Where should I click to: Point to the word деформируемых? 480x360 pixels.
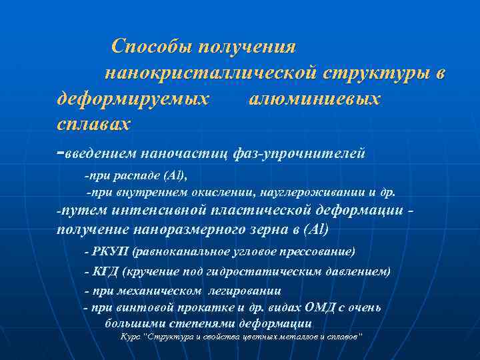[131, 99]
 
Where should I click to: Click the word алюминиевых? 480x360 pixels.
[315, 99]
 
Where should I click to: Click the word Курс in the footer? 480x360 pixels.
[131, 337]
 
